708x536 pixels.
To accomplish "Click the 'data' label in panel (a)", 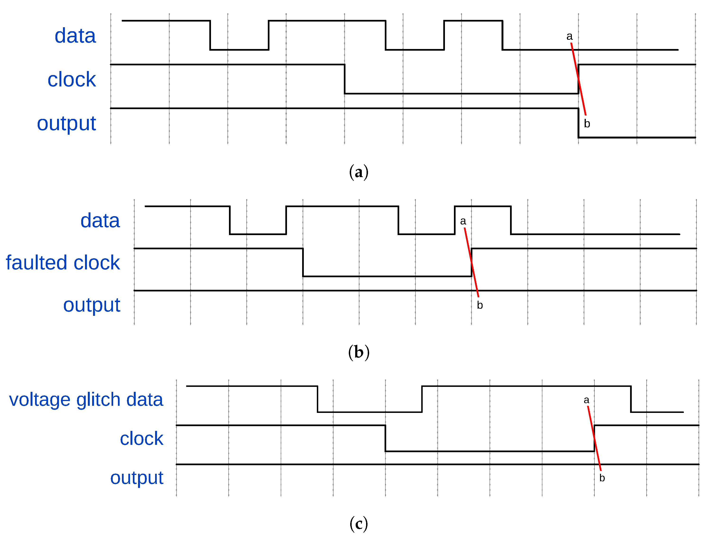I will point(75,36).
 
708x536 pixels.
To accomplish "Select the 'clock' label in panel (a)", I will point(72,80).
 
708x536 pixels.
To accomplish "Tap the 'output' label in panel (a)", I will point(66,124).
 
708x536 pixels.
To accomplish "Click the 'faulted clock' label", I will point(63,263).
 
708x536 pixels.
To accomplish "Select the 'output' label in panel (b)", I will point(92,305).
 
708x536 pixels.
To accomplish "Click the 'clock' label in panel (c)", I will point(141,439).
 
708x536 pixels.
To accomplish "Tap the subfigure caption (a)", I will point(358,172).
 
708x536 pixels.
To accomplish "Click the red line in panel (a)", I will point(579,79).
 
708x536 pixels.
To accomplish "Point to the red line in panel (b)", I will point(471,262).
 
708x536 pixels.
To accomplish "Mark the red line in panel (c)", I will point(594,438).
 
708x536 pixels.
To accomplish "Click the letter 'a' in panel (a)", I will point(569,37).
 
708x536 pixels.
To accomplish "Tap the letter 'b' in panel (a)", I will point(587,124).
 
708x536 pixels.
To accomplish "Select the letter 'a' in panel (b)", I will point(463,221).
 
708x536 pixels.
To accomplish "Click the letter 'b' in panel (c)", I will point(602,478).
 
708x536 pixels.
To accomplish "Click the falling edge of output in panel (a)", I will point(578,123).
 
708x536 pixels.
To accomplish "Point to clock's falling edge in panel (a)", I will point(345,79).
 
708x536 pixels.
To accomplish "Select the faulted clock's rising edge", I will point(471,262).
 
